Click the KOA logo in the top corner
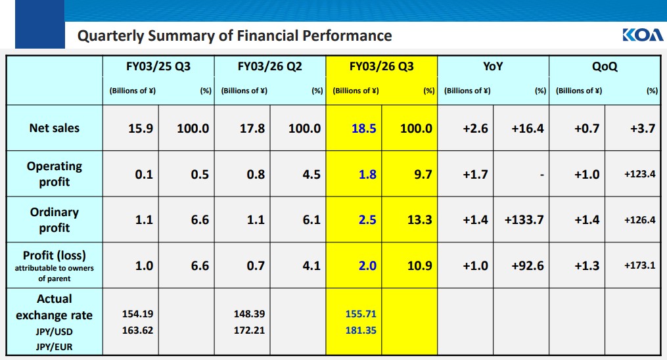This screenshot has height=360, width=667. (x=642, y=35)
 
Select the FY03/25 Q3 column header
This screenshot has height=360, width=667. (x=158, y=66)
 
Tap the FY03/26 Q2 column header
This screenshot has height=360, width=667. (x=270, y=66)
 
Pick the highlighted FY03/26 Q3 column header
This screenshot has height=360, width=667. (x=382, y=66)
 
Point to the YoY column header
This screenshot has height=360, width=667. (x=493, y=66)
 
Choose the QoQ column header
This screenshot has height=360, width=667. (x=605, y=66)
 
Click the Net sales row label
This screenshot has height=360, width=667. (x=54, y=128)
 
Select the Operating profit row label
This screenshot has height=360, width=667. (x=54, y=173)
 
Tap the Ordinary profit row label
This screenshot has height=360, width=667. (x=54, y=219)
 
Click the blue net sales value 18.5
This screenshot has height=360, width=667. (x=363, y=128)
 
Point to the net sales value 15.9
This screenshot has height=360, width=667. (x=141, y=128)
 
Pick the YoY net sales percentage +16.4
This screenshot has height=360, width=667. (x=528, y=128)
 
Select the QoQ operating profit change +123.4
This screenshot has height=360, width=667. (x=639, y=174)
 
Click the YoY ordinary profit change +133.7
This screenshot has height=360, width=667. (x=524, y=219)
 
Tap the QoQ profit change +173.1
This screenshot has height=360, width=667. (x=639, y=265)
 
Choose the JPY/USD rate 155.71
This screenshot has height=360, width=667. (x=361, y=314)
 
